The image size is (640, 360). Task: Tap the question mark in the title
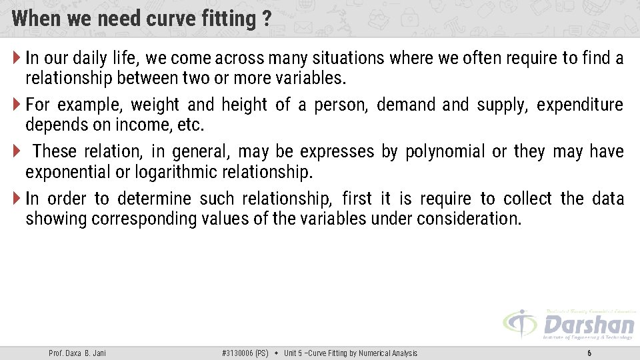tap(266, 19)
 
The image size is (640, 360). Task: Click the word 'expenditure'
tap(579, 105)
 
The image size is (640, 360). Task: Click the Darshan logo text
tap(588, 325)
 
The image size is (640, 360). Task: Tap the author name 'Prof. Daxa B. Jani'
tap(77, 353)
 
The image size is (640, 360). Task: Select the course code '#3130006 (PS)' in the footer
tap(245, 353)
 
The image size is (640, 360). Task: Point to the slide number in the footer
tap(589, 353)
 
